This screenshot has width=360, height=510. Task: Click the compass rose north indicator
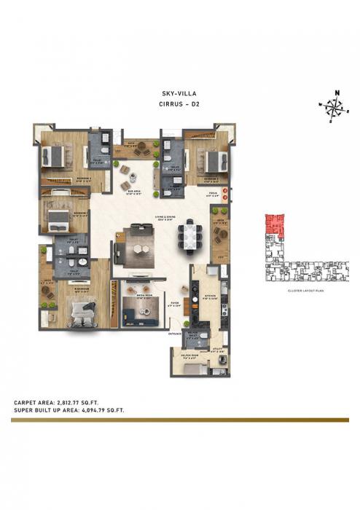[336, 93]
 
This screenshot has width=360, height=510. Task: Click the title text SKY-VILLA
[179, 93]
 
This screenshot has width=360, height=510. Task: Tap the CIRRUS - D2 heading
[179, 104]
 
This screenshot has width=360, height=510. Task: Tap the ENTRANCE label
[175, 333]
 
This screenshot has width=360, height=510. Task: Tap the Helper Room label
[187, 358]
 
